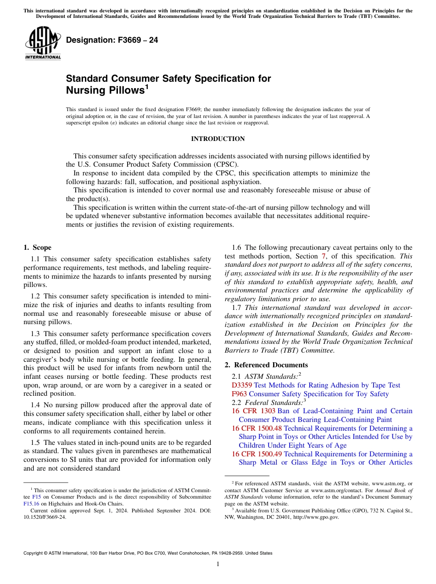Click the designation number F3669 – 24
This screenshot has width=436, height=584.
pyautogui.click(x=112, y=40)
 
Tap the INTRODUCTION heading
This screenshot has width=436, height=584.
pyautogui.click(x=218, y=139)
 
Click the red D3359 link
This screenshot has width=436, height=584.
pyautogui.click(x=241, y=385)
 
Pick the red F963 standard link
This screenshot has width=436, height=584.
pyautogui.click(x=239, y=394)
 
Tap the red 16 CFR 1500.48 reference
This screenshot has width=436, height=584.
pyautogui.click(x=257, y=428)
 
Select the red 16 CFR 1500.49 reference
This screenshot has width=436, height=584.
pyautogui.click(x=257, y=454)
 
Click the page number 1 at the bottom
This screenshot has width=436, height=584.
pyautogui.click(x=218, y=564)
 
